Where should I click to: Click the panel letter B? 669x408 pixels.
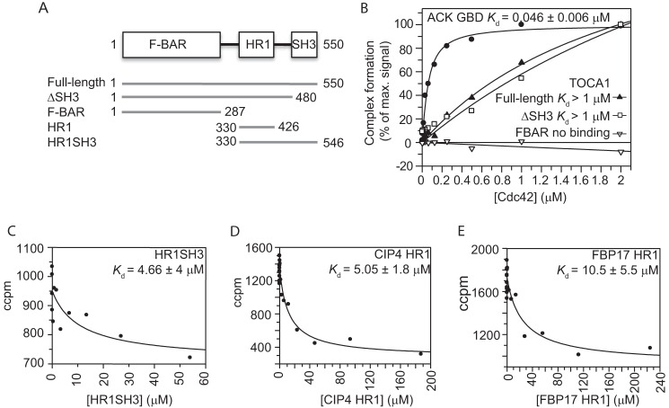click(x=388, y=8)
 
